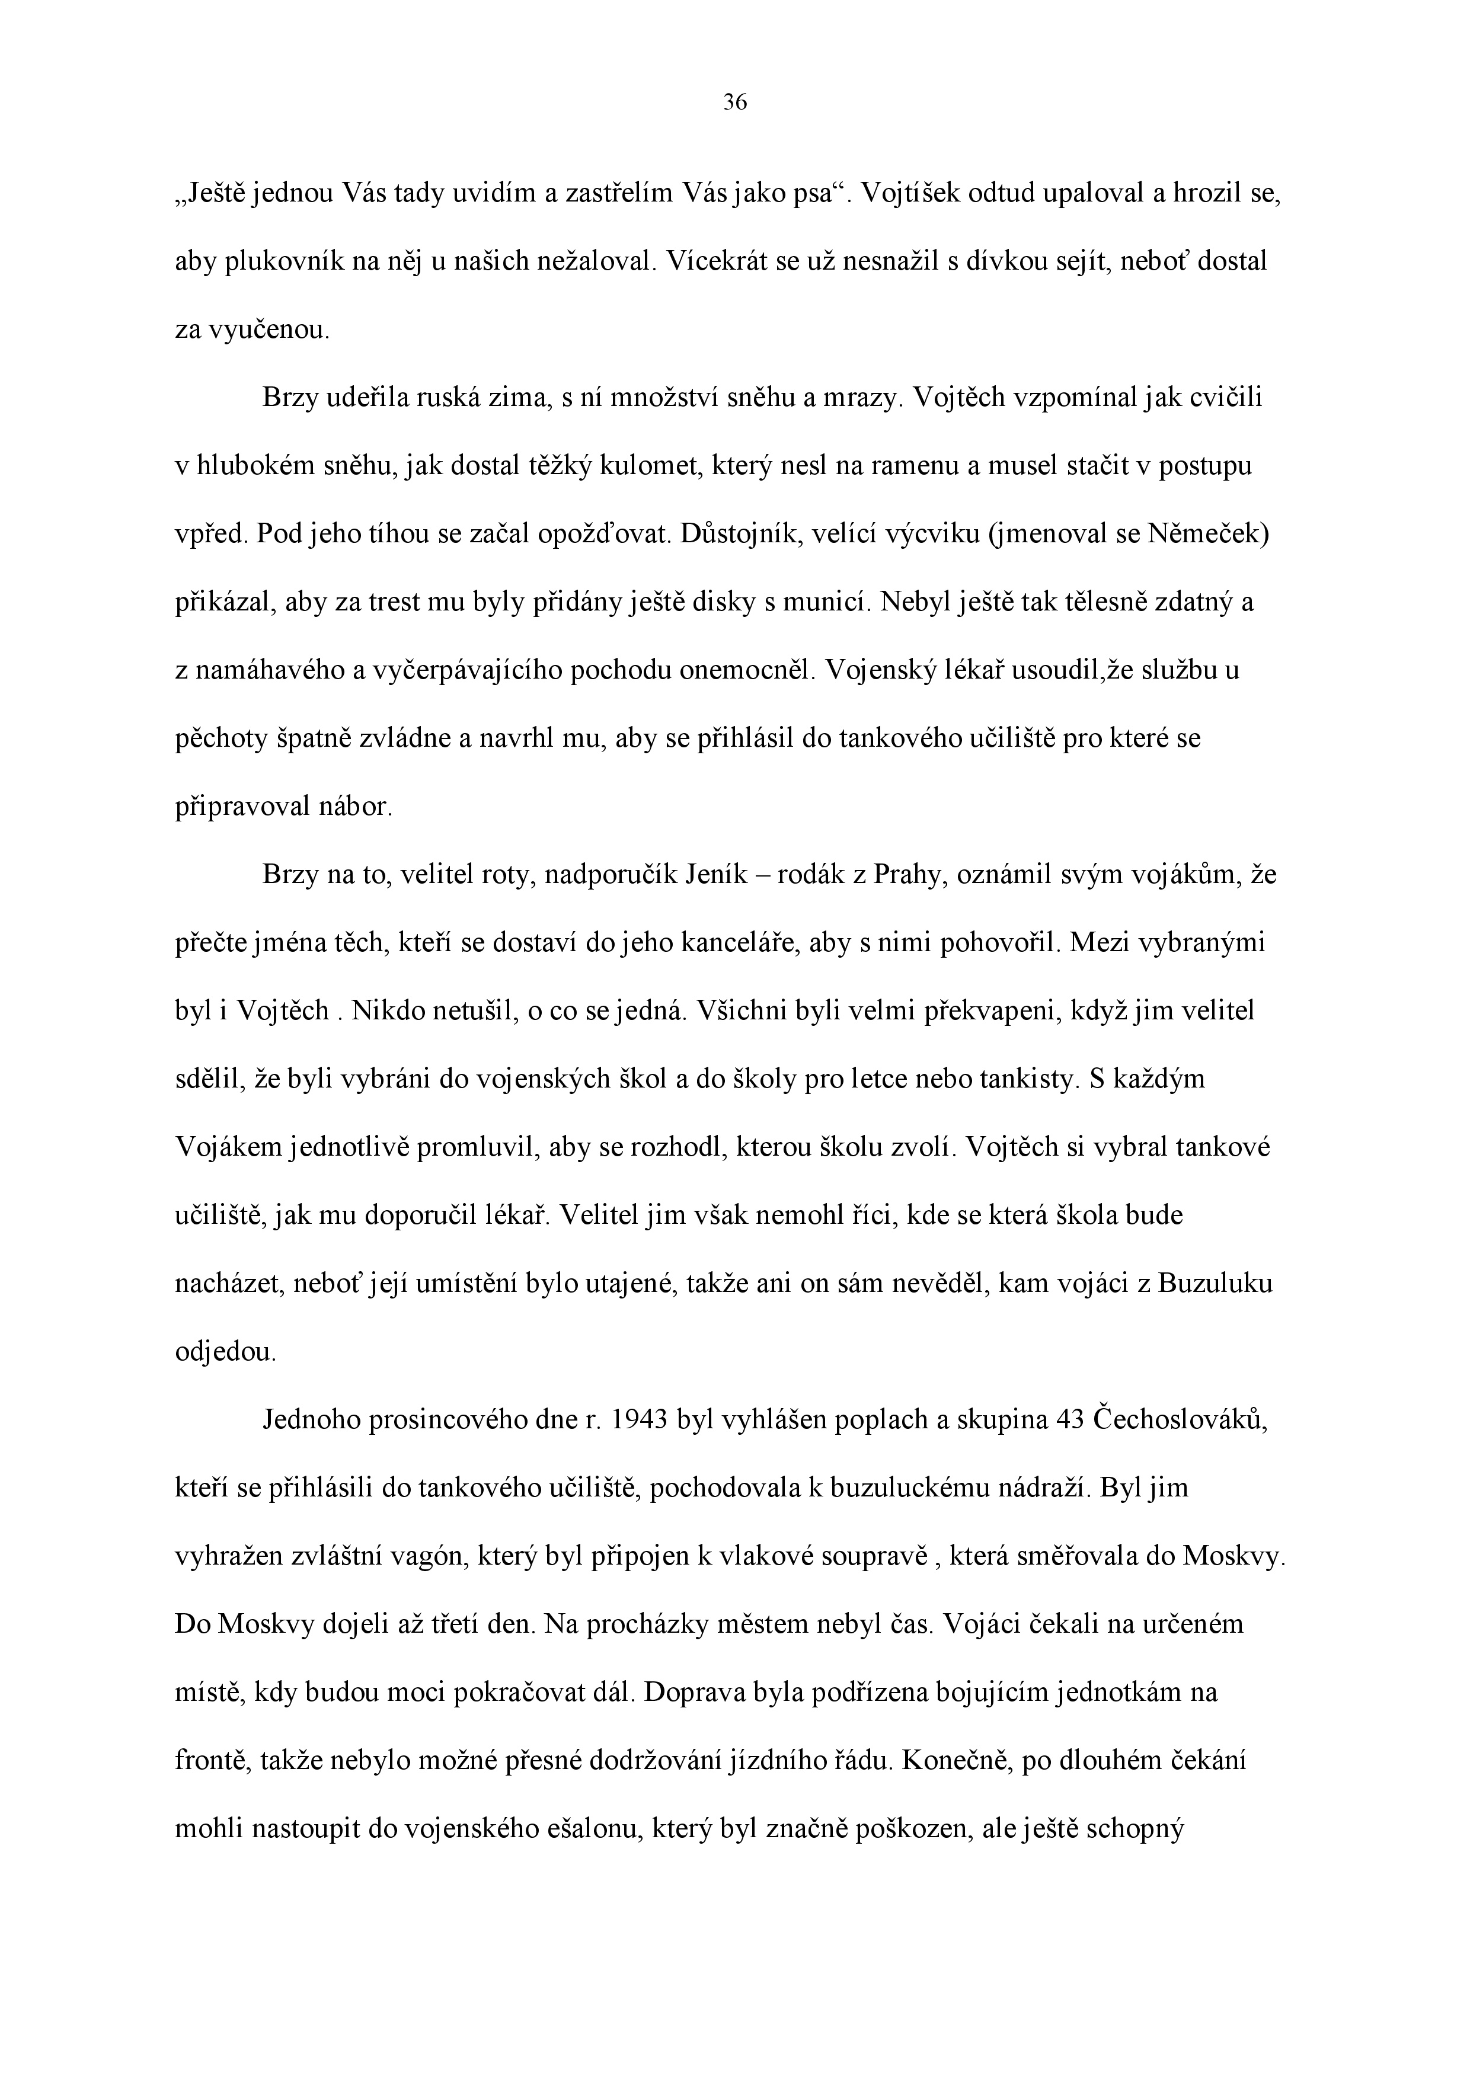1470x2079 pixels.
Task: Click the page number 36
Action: [734, 103]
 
